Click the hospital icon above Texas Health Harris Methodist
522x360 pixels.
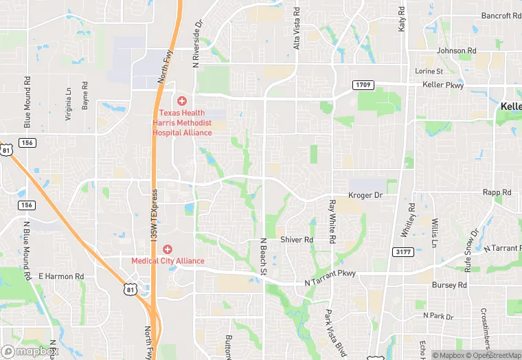coord(182,101)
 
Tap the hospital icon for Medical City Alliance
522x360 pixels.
coord(167,249)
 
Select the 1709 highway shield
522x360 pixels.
coord(364,85)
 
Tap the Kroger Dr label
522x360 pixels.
coord(365,196)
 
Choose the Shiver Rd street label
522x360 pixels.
coord(297,240)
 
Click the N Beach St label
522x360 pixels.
coord(262,257)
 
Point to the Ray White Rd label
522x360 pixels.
coord(332,221)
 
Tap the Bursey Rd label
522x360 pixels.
coord(449,284)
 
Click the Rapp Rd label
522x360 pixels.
coord(497,193)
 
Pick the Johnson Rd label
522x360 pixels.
coord(456,51)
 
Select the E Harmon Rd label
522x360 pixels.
coord(61,276)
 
